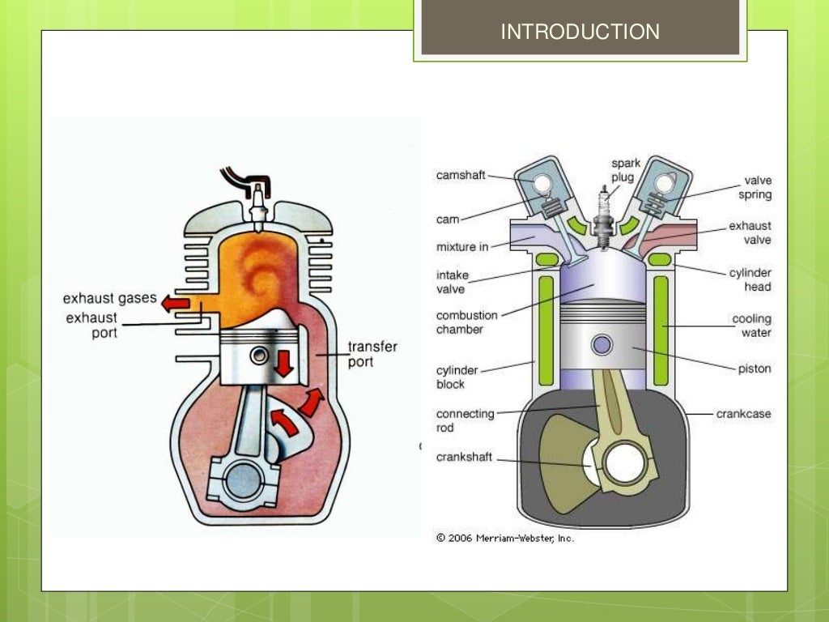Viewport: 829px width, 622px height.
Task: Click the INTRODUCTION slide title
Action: click(580, 32)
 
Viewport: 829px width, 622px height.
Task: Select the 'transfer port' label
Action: click(372, 354)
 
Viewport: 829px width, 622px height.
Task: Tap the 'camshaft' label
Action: click(461, 175)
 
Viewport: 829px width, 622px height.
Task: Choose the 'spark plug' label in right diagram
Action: click(626, 170)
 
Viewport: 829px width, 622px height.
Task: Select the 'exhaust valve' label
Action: click(750, 233)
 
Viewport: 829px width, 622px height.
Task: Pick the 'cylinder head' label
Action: click(750, 280)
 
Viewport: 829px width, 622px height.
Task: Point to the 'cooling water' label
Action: click(751, 326)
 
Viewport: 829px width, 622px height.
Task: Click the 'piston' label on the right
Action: click(755, 369)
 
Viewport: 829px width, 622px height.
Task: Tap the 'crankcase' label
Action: click(743, 414)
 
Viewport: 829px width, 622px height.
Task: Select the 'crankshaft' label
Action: click(464, 458)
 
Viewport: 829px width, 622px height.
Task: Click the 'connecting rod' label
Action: click(465, 420)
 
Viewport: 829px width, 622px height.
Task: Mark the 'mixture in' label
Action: click(462, 247)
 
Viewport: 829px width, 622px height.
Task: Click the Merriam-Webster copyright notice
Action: click(505, 538)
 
